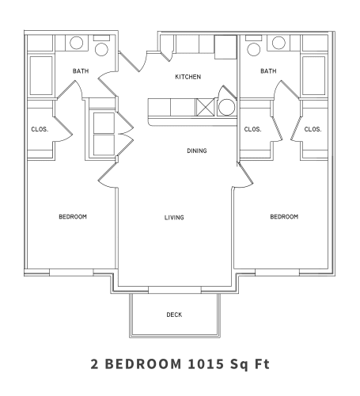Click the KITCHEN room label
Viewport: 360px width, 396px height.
click(188, 77)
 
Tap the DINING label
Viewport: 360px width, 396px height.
click(197, 150)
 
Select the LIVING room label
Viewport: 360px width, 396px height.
click(174, 217)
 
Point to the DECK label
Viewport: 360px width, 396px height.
click(174, 314)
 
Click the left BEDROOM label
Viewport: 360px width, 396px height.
click(72, 217)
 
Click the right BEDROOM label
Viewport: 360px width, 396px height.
click(283, 217)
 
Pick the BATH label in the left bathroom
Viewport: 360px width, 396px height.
click(81, 71)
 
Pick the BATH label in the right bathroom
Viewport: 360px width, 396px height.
click(268, 71)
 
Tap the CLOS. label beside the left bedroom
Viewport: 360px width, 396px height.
click(40, 129)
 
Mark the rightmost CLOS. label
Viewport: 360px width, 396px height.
click(313, 129)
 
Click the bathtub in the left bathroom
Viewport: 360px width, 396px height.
click(40, 75)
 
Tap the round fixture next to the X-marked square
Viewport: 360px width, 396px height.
click(226, 108)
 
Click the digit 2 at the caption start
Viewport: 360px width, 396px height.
click(96, 365)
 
